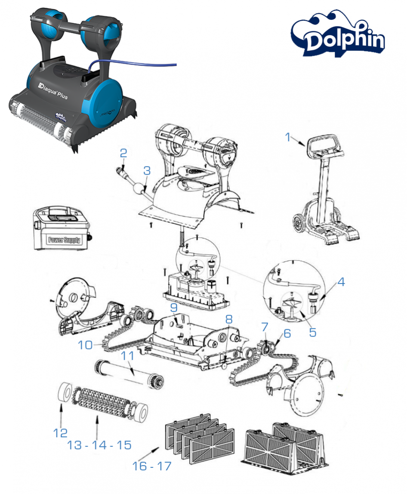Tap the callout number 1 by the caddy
pos(287,137)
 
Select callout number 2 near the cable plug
pos(123,153)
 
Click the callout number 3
pos(147,171)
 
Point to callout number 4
pos(341,282)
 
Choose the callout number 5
pos(312,332)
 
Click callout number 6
pos(287,333)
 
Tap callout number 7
pos(265,327)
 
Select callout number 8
pos(229,319)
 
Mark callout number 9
pos(174,308)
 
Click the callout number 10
pos(85,345)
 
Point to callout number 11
pos(128,356)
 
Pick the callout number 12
pos(61,433)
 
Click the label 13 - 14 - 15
pos(99,445)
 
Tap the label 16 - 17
pos(151,466)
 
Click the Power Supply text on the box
pos(64,240)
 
